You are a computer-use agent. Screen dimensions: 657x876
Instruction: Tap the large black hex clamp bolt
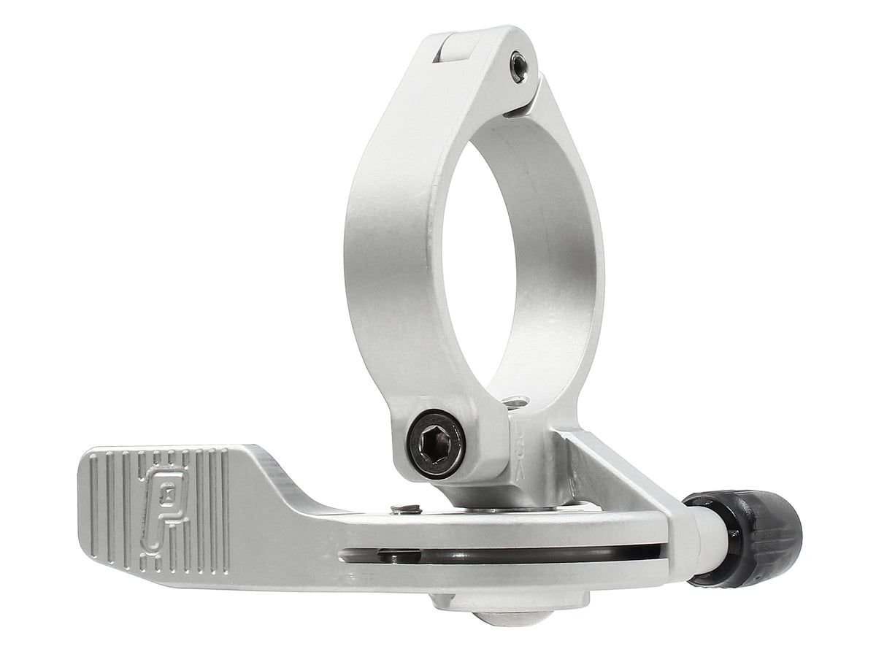pyautogui.click(x=436, y=442)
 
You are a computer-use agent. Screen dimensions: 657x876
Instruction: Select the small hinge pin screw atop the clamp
pyautogui.click(x=518, y=66)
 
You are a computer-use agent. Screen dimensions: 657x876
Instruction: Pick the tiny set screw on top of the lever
pyautogui.click(x=406, y=509)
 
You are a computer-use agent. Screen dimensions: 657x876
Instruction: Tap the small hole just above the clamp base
pyautogui.click(x=518, y=402)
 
